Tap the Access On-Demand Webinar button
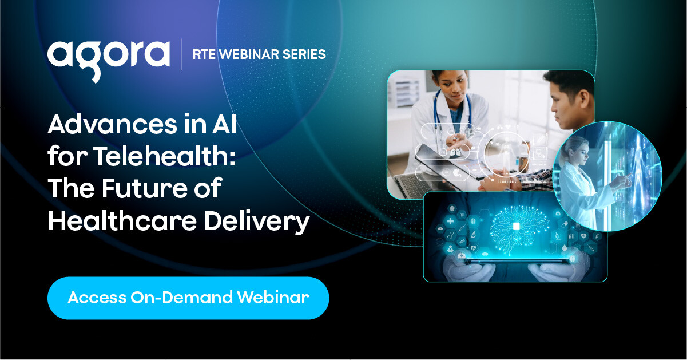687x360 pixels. pyautogui.click(x=188, y=298)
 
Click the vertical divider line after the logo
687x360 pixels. pyautogui.click(x=182, y=55)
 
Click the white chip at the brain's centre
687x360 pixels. pyautogui.click(x=516, y=227)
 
